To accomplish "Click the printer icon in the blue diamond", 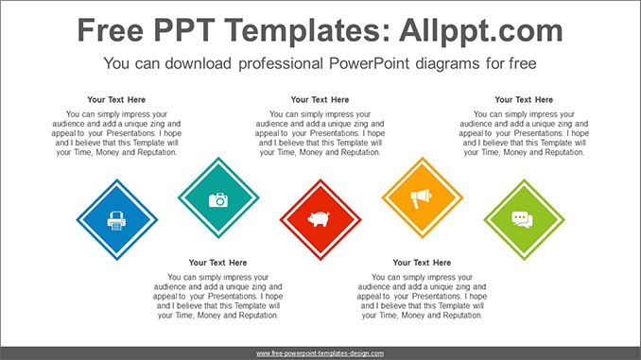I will (x=116, y=220).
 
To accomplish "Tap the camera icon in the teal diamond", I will (x=218, y=199).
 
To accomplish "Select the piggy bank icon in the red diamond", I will (x=320, y=220).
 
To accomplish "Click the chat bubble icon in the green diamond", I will (x=524, y=219).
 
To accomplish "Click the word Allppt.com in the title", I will (x=482, y=30).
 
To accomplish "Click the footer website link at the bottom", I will (x=320, y=352).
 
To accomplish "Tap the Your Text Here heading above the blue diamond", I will (x=116, y=99).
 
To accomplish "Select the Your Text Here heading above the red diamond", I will (x=320, y=99).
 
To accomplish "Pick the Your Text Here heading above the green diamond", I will (x=524, y=99).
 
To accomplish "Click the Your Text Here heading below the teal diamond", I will (x=217, y=263).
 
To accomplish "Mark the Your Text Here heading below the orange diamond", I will (x=422, y=263).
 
